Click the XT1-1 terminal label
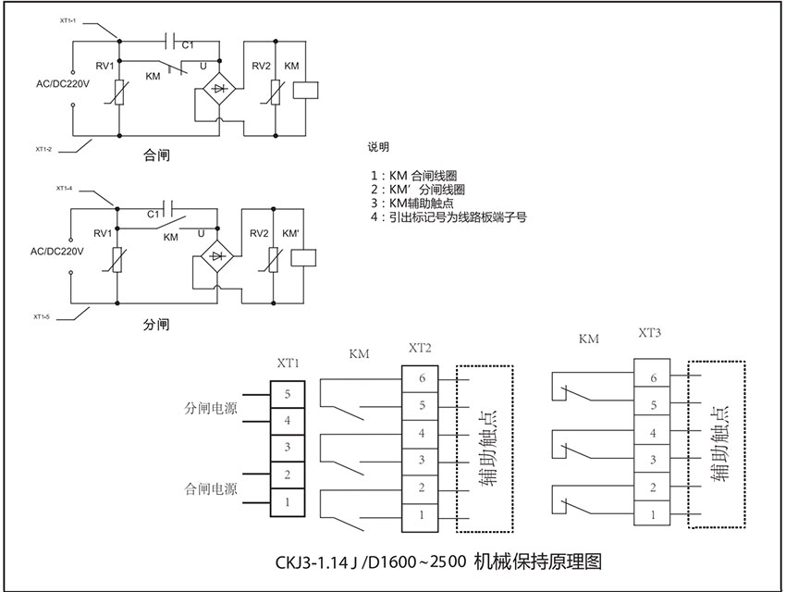coord(68,20)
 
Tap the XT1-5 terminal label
coord(41,316)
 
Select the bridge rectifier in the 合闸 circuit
coord(219,89)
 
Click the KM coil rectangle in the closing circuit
coord(305,91)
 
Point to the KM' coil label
coord(290,234)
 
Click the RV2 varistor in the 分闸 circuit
coord(273,260)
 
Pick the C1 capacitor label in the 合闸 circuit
coord(188,45)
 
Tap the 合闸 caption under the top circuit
coord(156,155)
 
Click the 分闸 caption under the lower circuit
coord(156,325)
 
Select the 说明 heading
coord(378,147)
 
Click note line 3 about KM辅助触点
coord(412,203)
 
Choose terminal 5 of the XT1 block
coord(288,394)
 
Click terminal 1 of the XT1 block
coord(288,502)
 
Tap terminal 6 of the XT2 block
coord(420,379)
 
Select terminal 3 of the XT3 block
coord(652,460)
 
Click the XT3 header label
coord(650,333)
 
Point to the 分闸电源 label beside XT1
coord(211,408)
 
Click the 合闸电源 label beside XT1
coord(211,488)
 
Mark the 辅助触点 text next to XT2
coord(487,448)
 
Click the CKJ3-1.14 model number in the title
coord(312,562)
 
